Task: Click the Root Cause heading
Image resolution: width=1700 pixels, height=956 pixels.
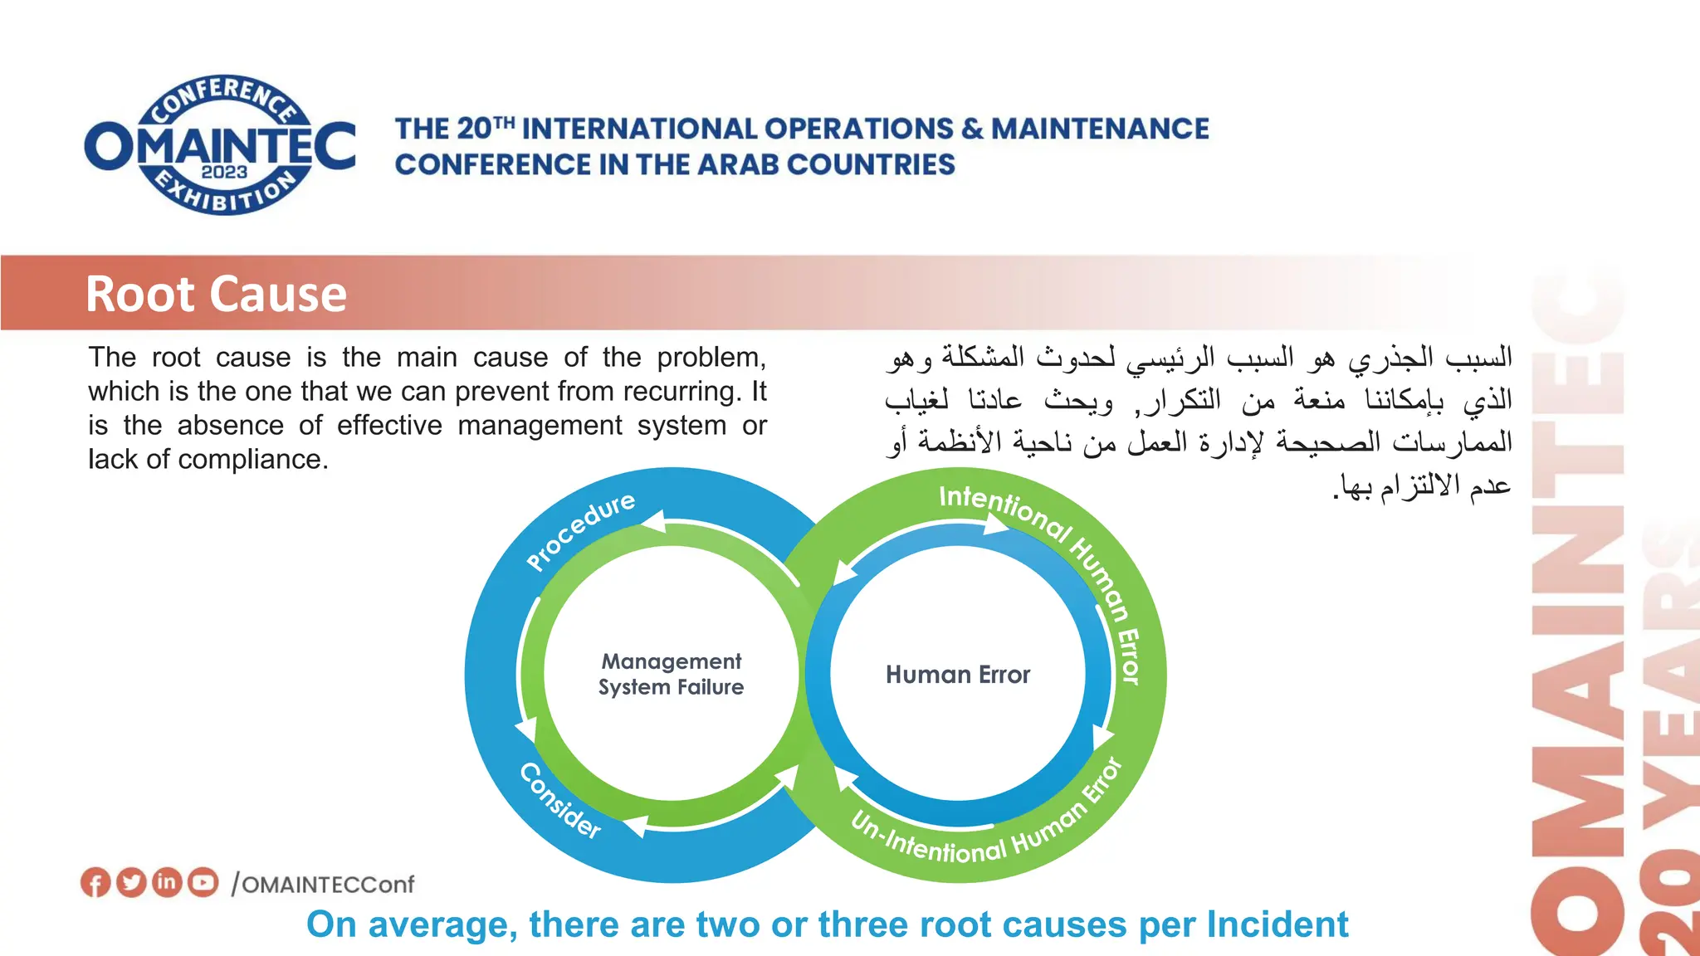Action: point(216,295)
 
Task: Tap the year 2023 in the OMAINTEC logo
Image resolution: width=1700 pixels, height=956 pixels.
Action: point(224,172)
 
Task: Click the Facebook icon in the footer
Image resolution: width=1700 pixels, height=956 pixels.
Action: point(95,882)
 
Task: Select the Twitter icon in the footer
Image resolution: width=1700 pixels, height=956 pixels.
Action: point(131,882)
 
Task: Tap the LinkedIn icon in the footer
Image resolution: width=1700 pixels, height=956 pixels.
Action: point(167,881)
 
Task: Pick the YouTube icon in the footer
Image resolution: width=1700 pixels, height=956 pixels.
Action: point(203,882)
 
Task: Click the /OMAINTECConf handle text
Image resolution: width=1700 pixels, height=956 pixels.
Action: point(324,885)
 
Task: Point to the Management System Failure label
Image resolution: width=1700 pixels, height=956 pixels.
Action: point(671,674)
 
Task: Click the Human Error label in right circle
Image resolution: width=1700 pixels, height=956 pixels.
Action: point(958,675)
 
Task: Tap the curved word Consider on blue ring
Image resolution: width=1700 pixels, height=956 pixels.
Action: point(560,801)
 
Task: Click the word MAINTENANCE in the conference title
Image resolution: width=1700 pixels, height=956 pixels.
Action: point(1100,129)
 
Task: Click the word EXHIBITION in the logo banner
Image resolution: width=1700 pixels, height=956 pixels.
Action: point(225,193)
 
